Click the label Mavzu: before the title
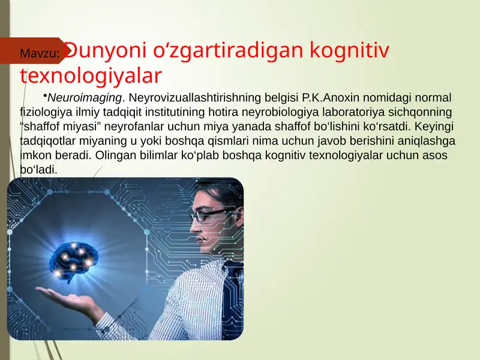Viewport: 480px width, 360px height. click(40, 55)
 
